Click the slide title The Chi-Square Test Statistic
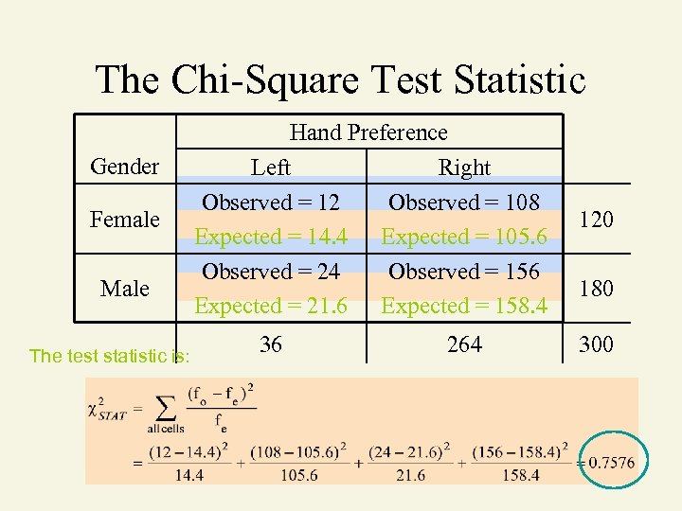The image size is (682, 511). coord(341,79)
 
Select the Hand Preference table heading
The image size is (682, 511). coord(368,132)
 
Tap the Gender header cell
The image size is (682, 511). coord(124,167)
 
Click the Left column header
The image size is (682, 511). coord(271,167)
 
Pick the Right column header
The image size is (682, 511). coord(464,167)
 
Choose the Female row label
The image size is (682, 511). coord(124,220)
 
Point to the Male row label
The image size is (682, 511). coord(124,288)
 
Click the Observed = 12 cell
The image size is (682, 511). coord(272,203)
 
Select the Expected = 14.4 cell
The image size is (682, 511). coord(272,237)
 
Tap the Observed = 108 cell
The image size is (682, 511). coord(464,203)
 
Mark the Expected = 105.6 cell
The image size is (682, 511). coord(464,237)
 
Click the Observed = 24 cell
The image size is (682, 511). coord(272,272)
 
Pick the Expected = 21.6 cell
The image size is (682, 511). coord(272,306)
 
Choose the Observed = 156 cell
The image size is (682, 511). coord(464,272)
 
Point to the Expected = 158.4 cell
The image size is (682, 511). coord(464,306)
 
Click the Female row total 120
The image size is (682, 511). coord(596,220)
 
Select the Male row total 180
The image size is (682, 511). coord(596,288)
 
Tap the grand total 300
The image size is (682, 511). coord(596,344)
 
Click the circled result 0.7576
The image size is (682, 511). coord(611,462)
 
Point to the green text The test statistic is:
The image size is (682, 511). coord(110,356)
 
